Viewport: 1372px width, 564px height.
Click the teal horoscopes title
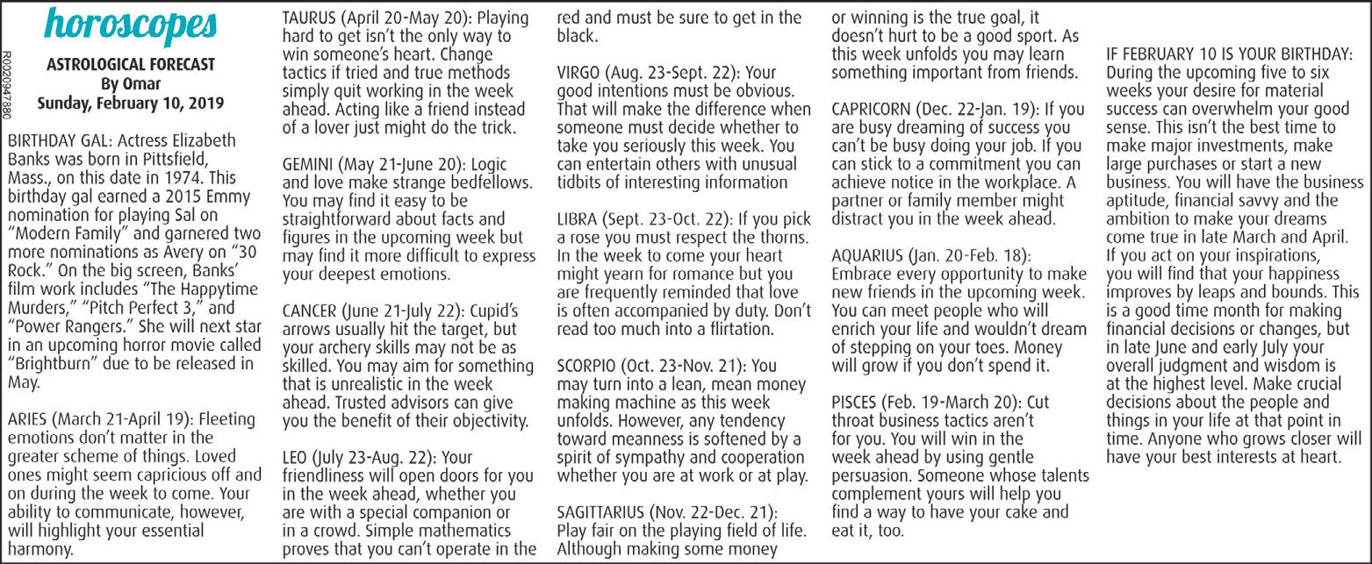coord(130,28)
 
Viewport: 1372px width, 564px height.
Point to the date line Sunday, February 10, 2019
coord(130,103)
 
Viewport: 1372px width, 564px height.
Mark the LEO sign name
coord(294,458)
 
